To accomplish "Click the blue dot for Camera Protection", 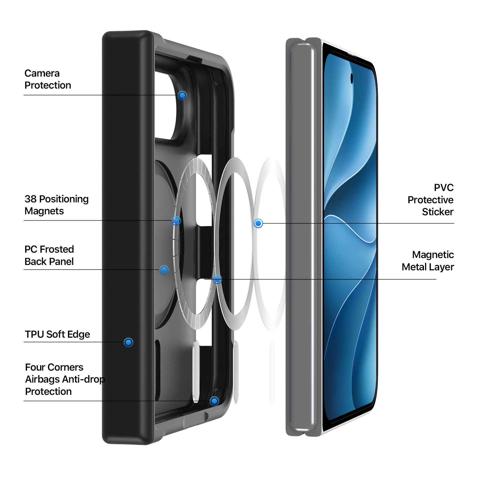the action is pyautogui.click(x=182, y=96).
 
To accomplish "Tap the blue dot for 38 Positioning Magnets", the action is pyautogui.click(x=177, y=221).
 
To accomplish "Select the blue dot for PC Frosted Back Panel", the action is pyautogui.click(x=164, y=270).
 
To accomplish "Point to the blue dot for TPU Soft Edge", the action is pyautogui.click(x=128, y=342).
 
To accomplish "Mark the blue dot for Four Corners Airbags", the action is pyautogui.click(x=214, y=401).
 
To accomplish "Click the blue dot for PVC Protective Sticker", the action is pyautogui.click(x=258, y=223).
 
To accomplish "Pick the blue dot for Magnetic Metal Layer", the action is pyautogui.click(x=217, y=279).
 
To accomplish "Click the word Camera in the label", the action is pyautogui.click(x=42, y=73).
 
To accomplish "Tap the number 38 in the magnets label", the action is pyautogui.click(x=31, y=199).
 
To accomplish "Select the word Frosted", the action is pyautogui.click(x=57, y=249).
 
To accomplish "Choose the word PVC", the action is pyautogui.click(x=444, y=188).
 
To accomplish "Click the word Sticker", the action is pyautogui.click(x=438, y=212).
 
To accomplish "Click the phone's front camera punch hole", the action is pyautogui.click(x=352, y=78).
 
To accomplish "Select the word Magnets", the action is pyautogui.click(x=44, y=211).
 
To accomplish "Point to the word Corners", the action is pyautogui.click(x=64, y=367).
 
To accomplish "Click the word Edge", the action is pyautogui.click(x=79, y=335).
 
